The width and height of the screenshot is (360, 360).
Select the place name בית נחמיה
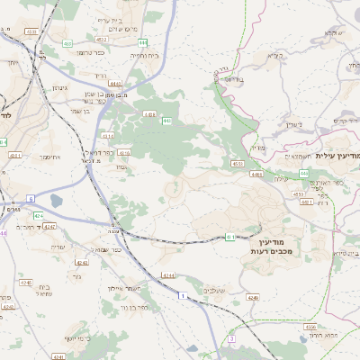click(x=145, y=56)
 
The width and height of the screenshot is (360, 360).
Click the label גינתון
click(x=56, y=88)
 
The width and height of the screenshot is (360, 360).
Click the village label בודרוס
click(x=231, y=79)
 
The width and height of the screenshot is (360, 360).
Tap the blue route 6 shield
click(x=30, y=198)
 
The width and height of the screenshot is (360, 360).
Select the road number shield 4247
click(x=49, y=226)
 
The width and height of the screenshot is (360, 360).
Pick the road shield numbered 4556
click(x=310, y=327)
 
